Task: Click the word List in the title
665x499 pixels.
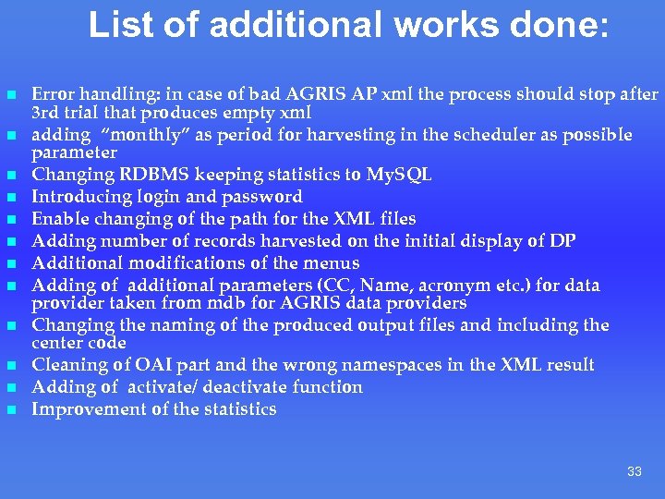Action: [117, 25]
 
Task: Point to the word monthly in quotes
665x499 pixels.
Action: [115, 135]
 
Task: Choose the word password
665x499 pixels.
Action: [261, 197]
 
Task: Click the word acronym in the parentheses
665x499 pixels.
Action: [453, 286]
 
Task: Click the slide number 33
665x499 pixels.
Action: [634, 471]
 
